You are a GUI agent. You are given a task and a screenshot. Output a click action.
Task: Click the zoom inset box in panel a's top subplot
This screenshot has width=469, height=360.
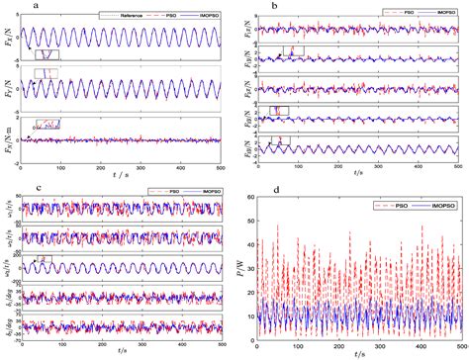(x=47, y=55)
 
